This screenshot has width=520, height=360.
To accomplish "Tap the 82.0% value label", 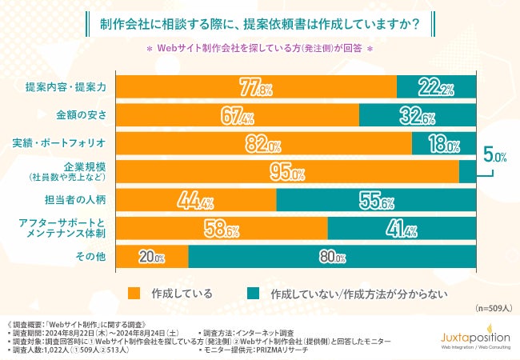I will pyautogui.click(x=263, y=145).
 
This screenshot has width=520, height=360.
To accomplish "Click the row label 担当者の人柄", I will pyautogui.click(x=77, y=201).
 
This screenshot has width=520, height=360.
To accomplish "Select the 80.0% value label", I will pyautogui.click(x=331, y=258).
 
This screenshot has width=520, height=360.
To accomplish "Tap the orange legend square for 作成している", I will pyautogui.click(x=134, y=292).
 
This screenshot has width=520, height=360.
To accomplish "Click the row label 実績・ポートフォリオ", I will pyautogui.click(x=67, y=144).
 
